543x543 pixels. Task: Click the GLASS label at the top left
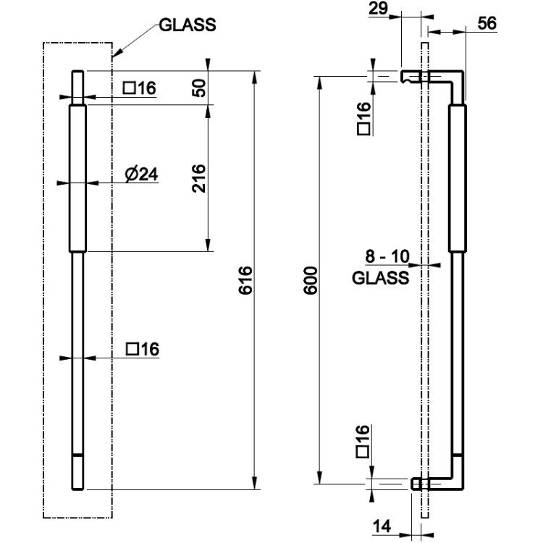click(x=188, y=25)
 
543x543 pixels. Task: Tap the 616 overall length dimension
click(x=245, y=280)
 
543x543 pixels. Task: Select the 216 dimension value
click(x=199, y=178)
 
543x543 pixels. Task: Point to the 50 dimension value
click(x=199, y=88)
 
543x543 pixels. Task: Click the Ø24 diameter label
click(x=141, y=174)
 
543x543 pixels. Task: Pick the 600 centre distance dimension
click(x=311, y=280)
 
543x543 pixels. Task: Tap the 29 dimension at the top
click(x=378, y=9)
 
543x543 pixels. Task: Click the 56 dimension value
click(x=487, y=24)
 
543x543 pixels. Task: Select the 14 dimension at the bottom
click(x=382, y=526)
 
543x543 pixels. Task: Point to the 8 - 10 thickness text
click(x=387, y=256)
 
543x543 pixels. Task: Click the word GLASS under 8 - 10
click(x=380, y=278)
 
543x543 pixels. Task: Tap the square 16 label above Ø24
click(x=140, y=88)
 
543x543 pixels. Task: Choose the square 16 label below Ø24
click(x=143, y=349)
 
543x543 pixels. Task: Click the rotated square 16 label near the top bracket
click(x=363, y=119)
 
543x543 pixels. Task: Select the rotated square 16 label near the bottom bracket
click(x=363, y=442)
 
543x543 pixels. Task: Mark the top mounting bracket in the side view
click(x=432, y=77)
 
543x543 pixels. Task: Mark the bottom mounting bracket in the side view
click(x=437, y=484)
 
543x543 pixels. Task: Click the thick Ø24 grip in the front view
click(x=78, y=178)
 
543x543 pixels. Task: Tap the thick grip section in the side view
click(x=458, y=178)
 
